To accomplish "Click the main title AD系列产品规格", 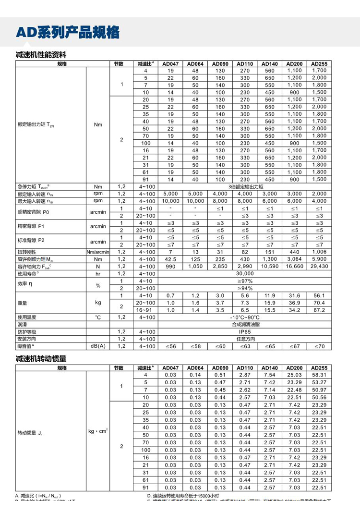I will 67,32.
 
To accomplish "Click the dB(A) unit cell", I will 98,346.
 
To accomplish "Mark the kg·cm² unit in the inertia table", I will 98,431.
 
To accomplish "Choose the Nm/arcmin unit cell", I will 98,252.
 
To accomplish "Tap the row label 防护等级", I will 27,331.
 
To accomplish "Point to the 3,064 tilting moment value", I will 294,259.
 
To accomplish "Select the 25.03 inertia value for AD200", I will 294,375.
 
